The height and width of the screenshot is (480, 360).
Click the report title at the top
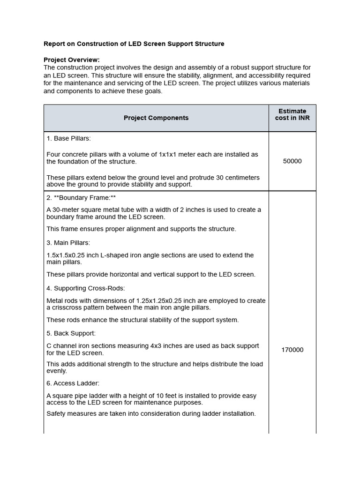coord(134,44)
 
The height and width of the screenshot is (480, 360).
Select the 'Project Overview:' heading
coord(71,60)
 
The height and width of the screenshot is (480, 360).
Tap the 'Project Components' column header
coord(156,118)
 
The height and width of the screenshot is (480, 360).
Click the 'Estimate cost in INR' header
coord(292,115)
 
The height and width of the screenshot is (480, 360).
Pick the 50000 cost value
coord(292,161)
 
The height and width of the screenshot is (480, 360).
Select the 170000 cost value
coord(292,350)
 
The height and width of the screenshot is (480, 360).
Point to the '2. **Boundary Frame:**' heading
coord(81,198)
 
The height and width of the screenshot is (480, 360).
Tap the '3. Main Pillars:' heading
coord(68,243)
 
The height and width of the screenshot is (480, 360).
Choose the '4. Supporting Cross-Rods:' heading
coord(85,288)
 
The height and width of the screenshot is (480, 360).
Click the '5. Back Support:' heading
coord(71,333)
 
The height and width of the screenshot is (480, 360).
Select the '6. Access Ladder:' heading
coord(73,383)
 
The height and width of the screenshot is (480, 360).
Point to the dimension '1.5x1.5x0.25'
coord(65,255)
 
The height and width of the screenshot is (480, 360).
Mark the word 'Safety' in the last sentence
coord(56,414)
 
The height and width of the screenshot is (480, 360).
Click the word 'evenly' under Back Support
coord(56,371)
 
